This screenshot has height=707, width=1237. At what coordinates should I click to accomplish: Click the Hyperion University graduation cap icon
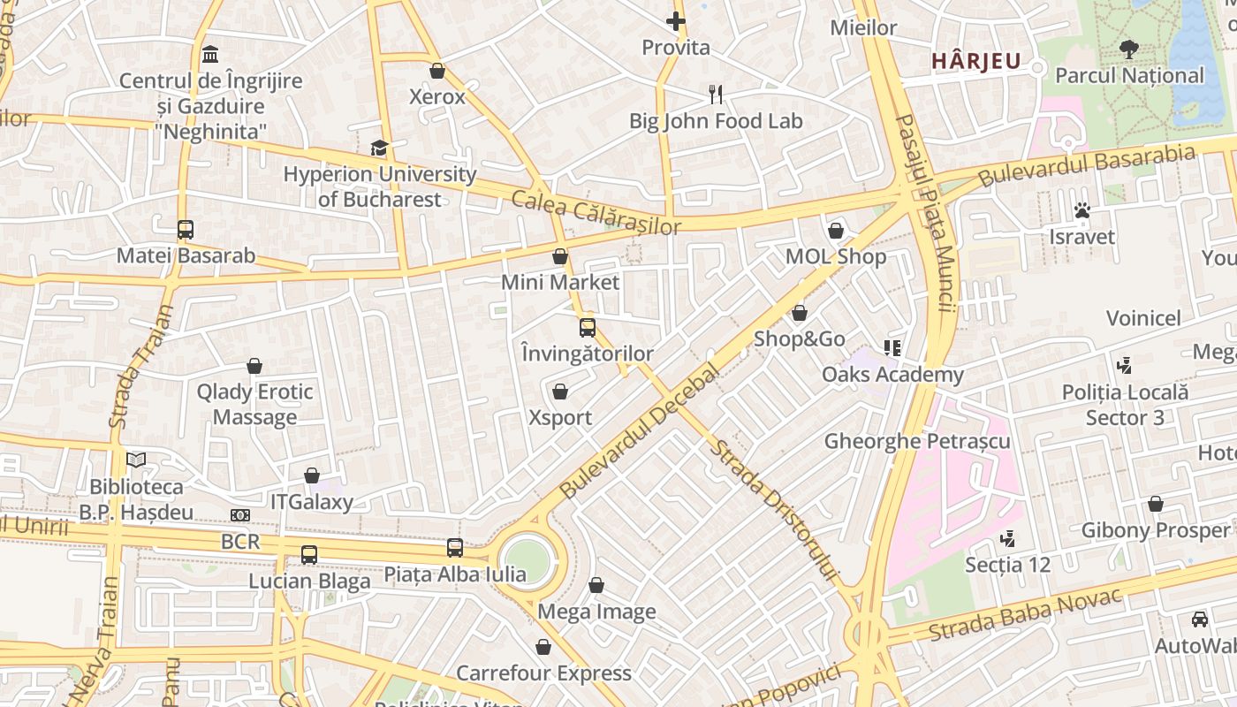point(379,148)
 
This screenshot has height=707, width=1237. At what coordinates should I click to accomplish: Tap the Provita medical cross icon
point(676,21)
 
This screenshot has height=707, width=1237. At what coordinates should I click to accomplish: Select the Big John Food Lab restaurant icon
point(716,94)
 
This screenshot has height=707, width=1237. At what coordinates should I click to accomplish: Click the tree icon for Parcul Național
point(1128,49)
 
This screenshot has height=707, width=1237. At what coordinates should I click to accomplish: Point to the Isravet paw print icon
point(1081,210)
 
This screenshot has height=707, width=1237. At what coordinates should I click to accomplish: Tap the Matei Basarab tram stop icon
point(185,230)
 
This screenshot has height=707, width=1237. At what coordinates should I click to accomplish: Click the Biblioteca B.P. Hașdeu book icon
point(135,460)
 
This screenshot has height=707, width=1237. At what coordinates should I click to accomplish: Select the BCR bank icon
point(240,515)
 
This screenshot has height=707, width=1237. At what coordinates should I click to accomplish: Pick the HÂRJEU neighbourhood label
point(976,62)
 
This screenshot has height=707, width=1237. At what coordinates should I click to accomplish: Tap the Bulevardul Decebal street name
point(640,428)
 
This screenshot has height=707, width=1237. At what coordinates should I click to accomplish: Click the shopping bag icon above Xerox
point(436,71)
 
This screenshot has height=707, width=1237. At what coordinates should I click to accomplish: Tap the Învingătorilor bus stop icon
point(588,328)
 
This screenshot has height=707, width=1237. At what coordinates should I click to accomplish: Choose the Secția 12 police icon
point(1006,538)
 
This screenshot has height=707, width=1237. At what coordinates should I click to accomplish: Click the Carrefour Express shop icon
point(543,648)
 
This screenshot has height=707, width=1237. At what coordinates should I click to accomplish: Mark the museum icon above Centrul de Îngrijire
point(210,55)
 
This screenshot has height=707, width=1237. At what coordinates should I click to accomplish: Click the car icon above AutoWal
point(1199,620)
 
